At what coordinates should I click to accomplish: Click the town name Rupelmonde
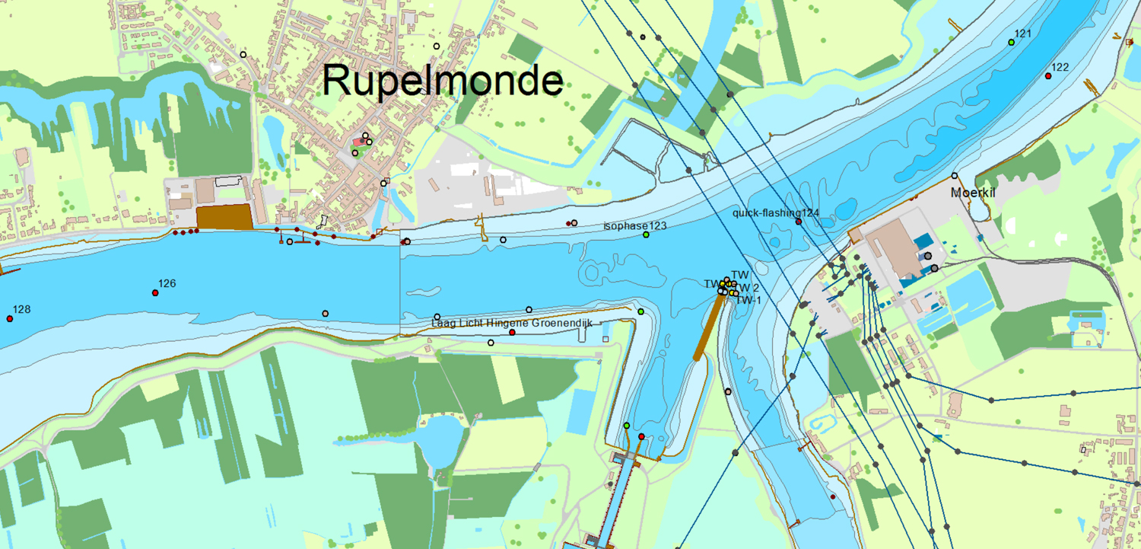pos(442,81)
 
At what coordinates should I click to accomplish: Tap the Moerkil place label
pos(972,193)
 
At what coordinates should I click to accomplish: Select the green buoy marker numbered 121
pos(1011,43)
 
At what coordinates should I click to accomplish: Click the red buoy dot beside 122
pos(1048,76)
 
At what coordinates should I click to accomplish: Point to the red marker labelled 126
pos(155,293)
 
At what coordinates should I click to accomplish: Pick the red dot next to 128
pos(9,319)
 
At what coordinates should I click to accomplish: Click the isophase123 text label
pos(634,225)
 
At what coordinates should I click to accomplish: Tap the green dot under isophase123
pos(646,235)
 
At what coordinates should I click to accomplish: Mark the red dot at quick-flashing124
pos(799,222)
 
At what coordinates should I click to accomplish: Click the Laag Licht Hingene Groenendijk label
pos(511,323)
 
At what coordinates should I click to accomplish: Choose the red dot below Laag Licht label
pos(512,332)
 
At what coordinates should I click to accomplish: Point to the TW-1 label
pos(748,300)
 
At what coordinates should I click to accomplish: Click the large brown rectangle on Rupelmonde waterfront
pos(224,216)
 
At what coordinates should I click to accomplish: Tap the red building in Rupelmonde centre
pos(358,142)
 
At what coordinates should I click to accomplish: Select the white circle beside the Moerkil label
pos(955,176)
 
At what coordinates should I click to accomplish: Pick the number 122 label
pos(1060,67)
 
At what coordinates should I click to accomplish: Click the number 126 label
pos(167,283)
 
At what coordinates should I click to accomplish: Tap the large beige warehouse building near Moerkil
pos(895,249)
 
